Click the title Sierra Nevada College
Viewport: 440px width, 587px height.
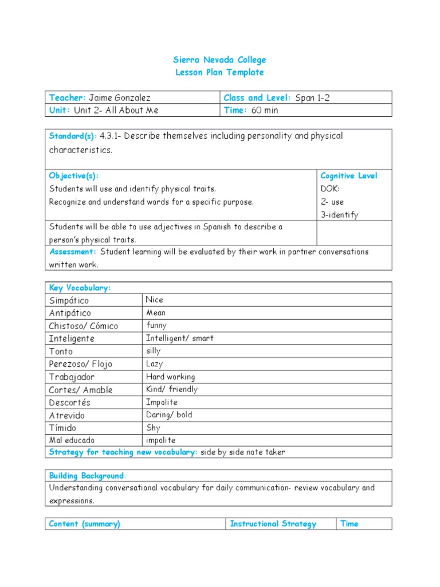[219, 60]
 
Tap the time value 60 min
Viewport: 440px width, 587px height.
[264, 110]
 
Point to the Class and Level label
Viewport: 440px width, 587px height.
[257, 97]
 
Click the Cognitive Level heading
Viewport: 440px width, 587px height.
[349, 176]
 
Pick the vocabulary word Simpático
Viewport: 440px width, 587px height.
[69, 300]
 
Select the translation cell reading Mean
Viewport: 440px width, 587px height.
[156, 313]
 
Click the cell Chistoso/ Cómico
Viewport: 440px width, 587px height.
[84, 326]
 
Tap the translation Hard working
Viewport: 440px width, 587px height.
[170, 377]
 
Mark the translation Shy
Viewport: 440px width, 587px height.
[153, 428]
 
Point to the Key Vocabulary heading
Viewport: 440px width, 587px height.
[80, 288]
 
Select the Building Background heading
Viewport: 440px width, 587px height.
[87, 476]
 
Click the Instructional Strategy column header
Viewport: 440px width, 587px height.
[273, 524]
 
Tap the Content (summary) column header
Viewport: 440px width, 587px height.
[85, 524]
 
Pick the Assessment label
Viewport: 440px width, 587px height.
[73, 252]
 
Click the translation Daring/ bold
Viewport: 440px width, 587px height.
[169, 415]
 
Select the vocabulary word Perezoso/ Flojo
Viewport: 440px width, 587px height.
[80, 364]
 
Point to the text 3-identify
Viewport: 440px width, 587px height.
[339, 215]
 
